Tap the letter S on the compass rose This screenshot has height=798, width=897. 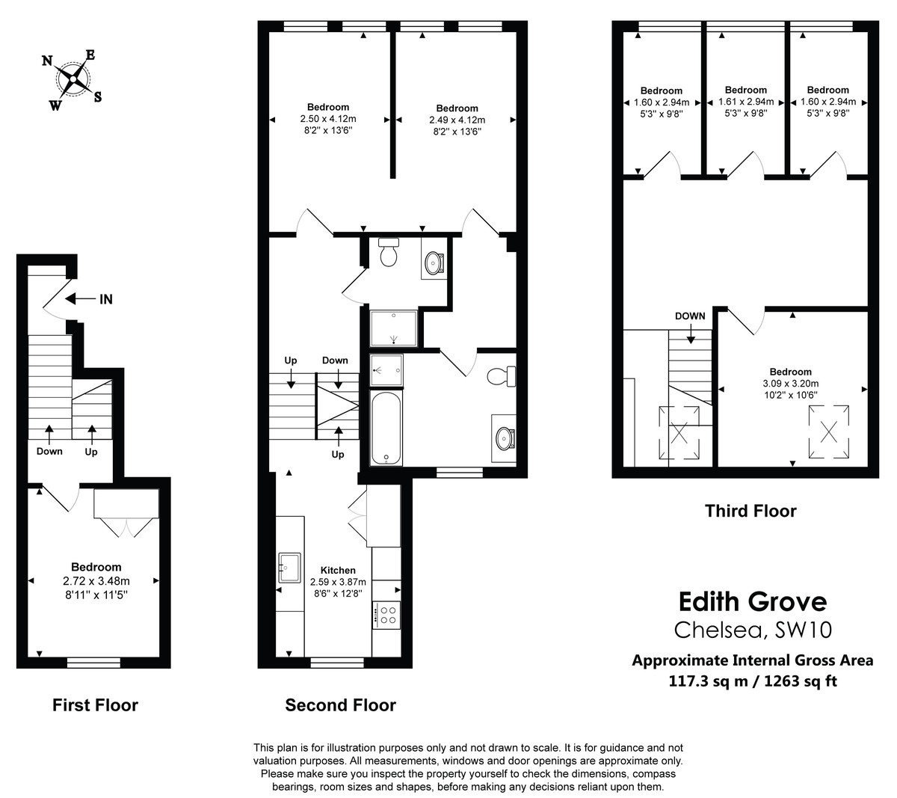coord(98,96)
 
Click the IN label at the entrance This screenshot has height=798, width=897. coord(106,299)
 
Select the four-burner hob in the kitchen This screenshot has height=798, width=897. coord(386,616)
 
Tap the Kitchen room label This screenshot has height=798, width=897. coord(338,570)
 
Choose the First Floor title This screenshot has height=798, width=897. coord(95,705)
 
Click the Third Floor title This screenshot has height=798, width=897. coord(750,512)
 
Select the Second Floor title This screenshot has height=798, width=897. coord(340,705)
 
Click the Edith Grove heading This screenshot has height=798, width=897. coord(753,601)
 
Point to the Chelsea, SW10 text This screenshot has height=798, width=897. coord(753,630)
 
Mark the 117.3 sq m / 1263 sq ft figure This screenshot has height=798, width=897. coord(752,681)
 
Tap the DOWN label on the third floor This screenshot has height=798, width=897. coord(689,316)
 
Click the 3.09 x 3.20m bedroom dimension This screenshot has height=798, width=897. coord(791,384)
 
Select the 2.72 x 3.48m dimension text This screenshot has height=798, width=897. coord(96,580)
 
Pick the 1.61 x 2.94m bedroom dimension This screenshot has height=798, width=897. coord(745,102)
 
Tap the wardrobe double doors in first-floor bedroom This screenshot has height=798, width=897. coord(126,527)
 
